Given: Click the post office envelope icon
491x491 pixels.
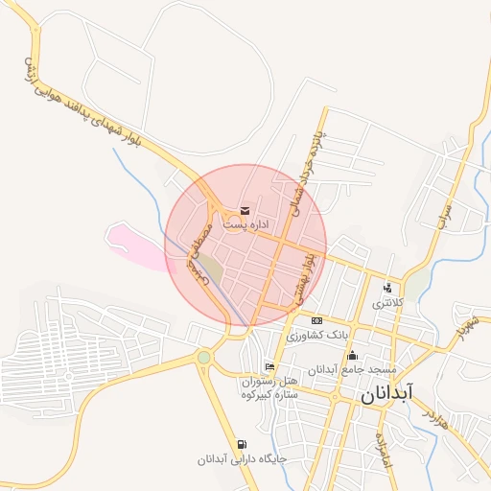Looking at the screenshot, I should click(x=245, y=210).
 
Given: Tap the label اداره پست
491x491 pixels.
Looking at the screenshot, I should click(x=245, y=223).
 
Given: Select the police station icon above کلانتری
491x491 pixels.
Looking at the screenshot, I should click(x=387, y=288).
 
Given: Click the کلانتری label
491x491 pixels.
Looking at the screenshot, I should click(x=388, y=303).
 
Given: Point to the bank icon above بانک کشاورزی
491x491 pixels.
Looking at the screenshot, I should click(x=316, y=320).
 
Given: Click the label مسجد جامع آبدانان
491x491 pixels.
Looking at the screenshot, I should click(x=352, y=370).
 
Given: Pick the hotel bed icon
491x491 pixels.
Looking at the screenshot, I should click(x=269, y=367).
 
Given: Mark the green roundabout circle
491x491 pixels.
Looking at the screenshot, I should click(x=203, y=358).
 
